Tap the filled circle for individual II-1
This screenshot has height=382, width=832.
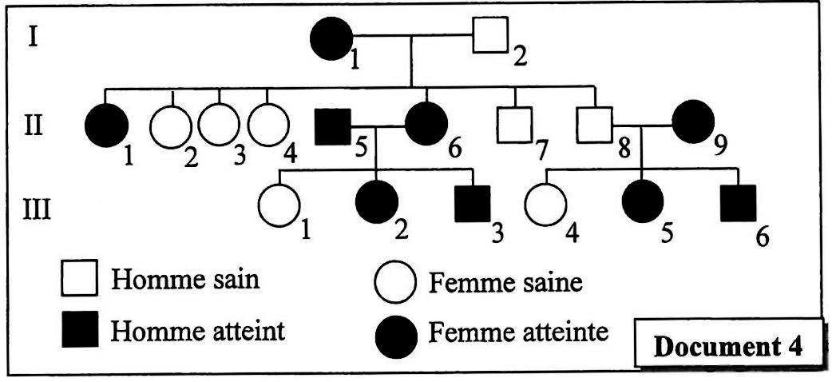point(106,126)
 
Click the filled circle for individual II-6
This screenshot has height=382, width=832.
point(427,126)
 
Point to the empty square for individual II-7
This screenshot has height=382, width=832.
point(514,125)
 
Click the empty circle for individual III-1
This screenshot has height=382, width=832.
point(279,205)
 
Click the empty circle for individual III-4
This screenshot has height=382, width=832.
point(545,205)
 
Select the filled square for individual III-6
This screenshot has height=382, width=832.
point(739,205)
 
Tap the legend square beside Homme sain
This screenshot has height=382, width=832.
point(80,281)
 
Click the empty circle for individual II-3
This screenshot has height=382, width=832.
point(220,125)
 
